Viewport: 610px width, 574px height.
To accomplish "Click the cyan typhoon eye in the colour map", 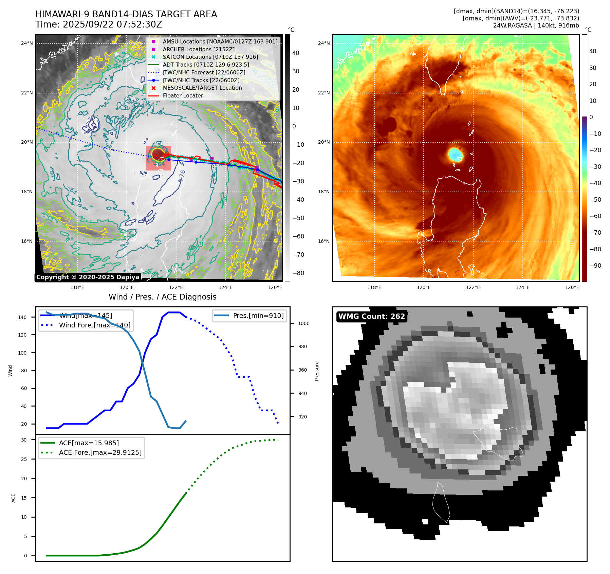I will tap(455, 155).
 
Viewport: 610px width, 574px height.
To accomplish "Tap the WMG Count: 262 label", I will tap(372, 317).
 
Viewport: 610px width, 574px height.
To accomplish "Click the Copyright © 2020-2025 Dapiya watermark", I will tap(88, 277).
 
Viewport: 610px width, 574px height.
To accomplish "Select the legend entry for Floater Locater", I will tap(183, 96).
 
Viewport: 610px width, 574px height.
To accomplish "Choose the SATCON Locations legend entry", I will tap(210, 57).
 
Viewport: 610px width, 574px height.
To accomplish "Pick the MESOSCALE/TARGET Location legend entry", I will tap(202, 88).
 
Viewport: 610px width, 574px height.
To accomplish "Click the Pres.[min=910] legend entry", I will tap(258, 316).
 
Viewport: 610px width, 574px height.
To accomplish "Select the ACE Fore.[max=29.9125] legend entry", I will tap(100, 452).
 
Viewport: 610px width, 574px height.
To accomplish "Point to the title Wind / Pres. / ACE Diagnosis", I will tap(162, 297).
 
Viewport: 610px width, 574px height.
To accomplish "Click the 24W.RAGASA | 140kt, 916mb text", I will tap(536, 25).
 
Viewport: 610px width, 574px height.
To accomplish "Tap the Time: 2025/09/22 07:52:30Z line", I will tap(98, 25).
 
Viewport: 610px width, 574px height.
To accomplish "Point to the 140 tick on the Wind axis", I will tap(22, 317).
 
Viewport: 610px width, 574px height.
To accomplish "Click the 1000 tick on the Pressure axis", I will tap(303, 323).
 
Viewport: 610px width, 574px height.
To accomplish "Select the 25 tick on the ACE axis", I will tap(24, 459).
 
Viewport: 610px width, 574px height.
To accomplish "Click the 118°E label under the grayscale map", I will tap(77, 287).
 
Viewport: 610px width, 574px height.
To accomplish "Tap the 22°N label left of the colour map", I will tap(324, 93).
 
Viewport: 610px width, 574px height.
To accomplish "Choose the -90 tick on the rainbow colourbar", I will tap(595, 266).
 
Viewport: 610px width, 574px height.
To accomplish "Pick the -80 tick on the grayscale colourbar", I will tap(298, 273).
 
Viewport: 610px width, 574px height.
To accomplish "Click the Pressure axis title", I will tap(317, 371).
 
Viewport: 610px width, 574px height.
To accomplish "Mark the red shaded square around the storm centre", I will tap(159, 158).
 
